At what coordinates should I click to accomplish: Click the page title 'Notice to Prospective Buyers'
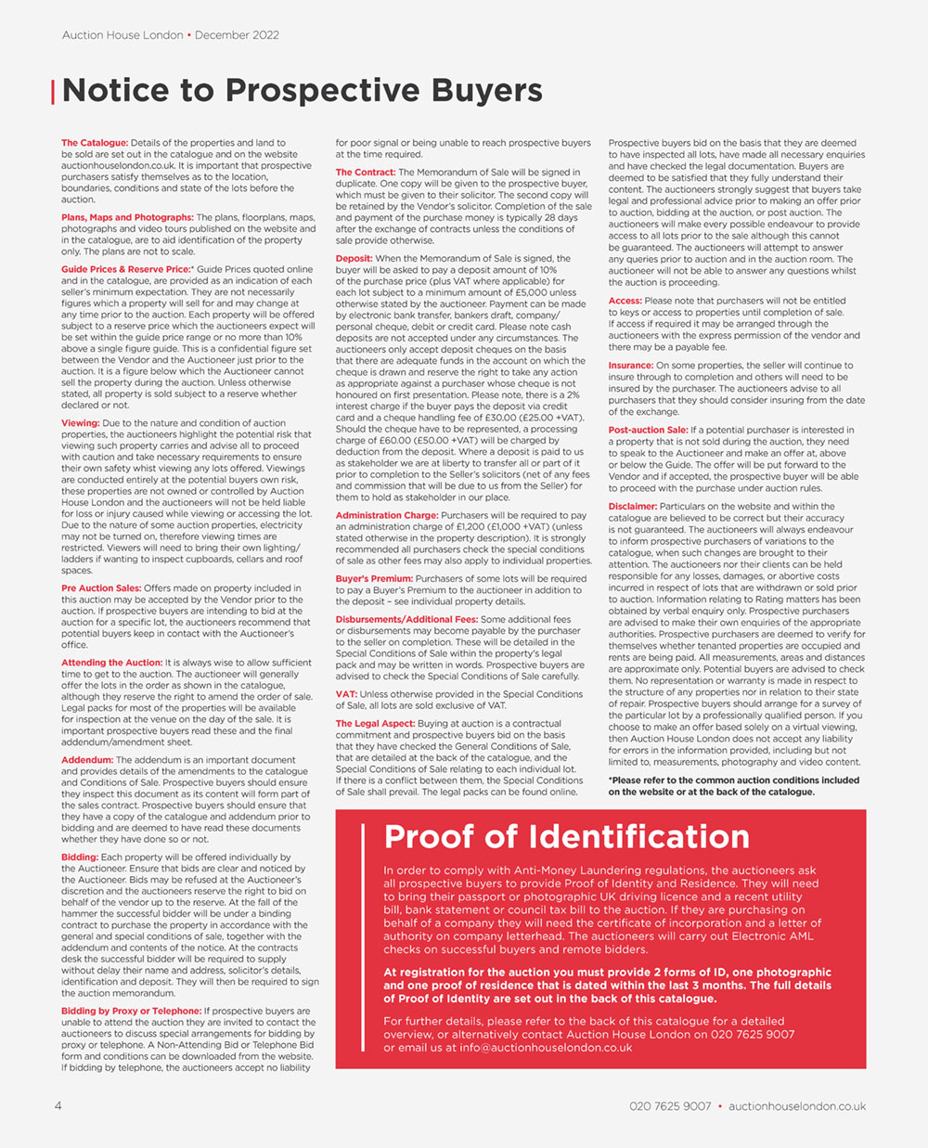(x=302, y=91)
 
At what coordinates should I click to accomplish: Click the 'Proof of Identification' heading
(x=566, y=837)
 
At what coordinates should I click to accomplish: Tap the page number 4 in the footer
(x=58, y=1105)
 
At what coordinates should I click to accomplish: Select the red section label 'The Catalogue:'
(x=95, y=143)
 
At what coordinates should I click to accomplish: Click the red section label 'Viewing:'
(x=81, y=423)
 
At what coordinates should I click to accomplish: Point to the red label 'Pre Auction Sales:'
(x=101, y=588)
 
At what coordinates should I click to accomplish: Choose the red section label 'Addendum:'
(x=87, y=760)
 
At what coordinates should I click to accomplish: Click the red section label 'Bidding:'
(x=80, y=858)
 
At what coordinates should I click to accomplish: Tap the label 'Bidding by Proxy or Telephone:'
(x=131, y=1011)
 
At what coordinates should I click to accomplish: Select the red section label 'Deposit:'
(x=354, y=259)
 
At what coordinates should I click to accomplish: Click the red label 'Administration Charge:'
(x=386, y=515)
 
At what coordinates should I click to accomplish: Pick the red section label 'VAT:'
(x=346, y=694)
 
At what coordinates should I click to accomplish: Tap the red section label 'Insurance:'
(x=631, y=366)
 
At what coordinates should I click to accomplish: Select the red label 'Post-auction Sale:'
(x=648, y=431)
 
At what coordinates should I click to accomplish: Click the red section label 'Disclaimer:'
(x=633, y=507)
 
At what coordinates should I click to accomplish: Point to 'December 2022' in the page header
(x=237, y=35)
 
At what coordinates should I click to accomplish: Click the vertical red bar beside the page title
(x=53, y=92)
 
